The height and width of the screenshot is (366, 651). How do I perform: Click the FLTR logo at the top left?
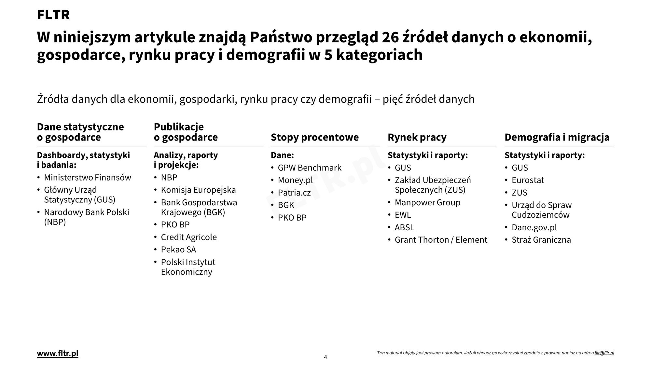[x=53, y=15]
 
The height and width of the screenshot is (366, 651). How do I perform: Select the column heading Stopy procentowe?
[x=314, y=137]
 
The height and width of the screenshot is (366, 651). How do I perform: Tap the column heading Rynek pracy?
[x=417, y=137]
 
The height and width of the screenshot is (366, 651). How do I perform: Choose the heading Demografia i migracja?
[x=557, y=137]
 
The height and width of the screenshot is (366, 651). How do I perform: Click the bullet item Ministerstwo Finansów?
[x=87, y=178]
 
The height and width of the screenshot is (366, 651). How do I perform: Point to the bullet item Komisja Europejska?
[x=198, y=190]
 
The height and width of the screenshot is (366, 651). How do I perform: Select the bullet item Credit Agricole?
[x=188, y=237]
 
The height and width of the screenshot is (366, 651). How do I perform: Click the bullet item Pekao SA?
[x=178, y=250]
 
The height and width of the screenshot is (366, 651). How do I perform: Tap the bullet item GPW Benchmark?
[x=309, y=168]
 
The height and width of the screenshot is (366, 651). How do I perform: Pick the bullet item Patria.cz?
[x=294, y=193]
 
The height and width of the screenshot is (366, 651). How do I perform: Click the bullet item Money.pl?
[x=295, y=180]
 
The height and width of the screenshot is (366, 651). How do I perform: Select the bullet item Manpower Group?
[x=427, y=203]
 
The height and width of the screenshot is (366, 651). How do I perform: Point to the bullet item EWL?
[x=403, y=215]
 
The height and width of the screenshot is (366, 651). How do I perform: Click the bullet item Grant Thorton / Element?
[x=441, y=240]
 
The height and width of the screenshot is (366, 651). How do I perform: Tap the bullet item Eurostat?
[x=528, y=180]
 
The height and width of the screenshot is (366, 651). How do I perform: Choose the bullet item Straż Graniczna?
[x=541, y=240]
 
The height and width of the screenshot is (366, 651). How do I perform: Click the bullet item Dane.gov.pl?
[x=534, y=227]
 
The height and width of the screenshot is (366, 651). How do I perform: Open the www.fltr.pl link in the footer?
[x=58, y=354]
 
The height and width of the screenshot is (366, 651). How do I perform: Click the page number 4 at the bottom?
[x=325, y=357]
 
